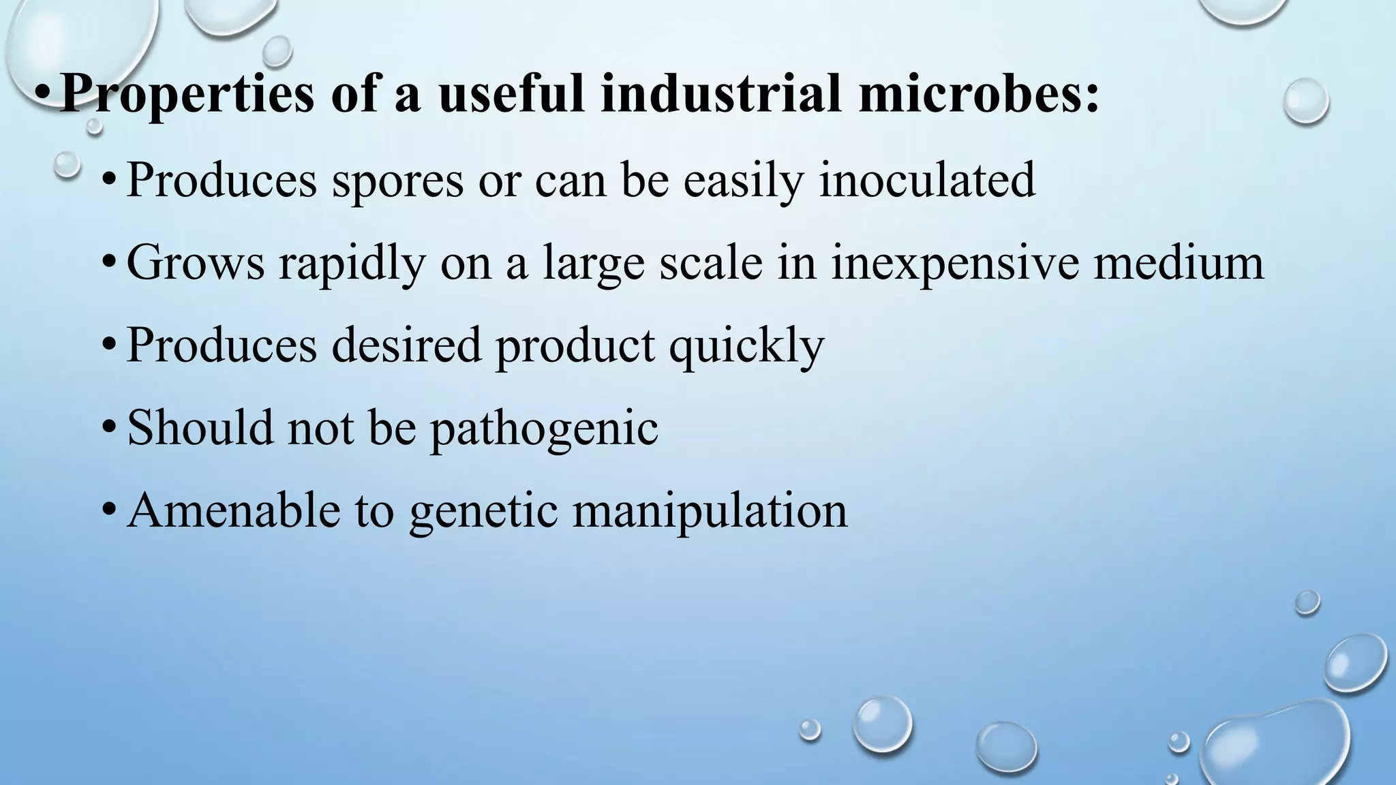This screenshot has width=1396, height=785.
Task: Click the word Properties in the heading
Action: click(187, 93)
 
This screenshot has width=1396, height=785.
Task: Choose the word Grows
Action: click(196, 262)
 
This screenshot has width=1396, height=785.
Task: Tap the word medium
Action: click(1179, 262)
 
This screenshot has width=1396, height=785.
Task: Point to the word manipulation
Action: click(710, 511)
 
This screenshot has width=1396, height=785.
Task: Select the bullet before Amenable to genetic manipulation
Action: click(108, 511)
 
